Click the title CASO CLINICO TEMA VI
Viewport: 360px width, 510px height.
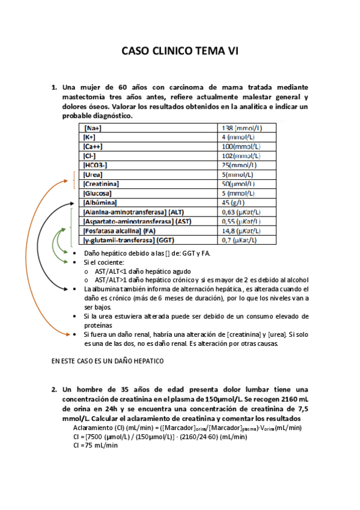point(180,52)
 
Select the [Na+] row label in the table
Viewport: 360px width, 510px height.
point(93,128)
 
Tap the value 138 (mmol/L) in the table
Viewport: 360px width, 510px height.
point(242,128)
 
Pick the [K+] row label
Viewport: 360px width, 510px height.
point(90,137)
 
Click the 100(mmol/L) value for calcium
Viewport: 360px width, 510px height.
point(241,146)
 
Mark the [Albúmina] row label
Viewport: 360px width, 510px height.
point(100,203)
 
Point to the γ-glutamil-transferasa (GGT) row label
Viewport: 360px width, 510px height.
point(131,241)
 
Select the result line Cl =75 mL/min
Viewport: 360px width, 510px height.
point(95,446)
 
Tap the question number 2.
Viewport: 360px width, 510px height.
point(54,389)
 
